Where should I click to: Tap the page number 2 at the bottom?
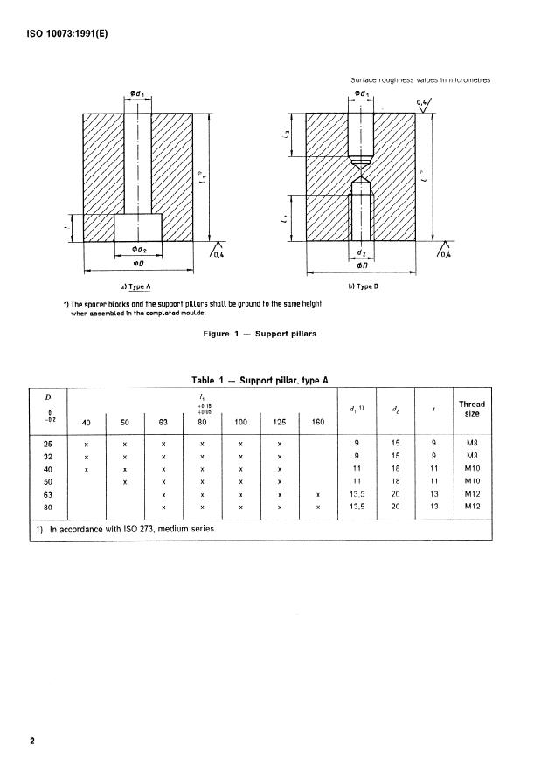point(32,741)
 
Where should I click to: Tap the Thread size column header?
point(471,408)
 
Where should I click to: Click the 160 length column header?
point(317,422)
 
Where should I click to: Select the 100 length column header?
point(240,422)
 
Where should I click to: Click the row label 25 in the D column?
point(49,444)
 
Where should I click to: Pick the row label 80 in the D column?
point(49,507)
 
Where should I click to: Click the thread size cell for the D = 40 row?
point(471,469)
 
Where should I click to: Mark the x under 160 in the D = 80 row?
point(317,507)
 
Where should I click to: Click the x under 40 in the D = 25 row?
point(87,444)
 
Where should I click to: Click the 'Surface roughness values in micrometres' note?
point(420,80)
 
